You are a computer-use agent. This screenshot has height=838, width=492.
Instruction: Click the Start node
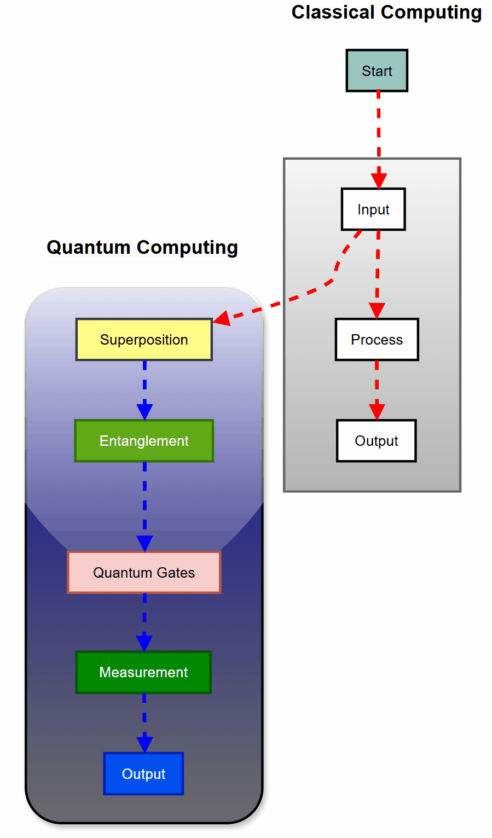click(377, 71)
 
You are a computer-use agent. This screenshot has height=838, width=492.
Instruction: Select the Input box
click(373, 209)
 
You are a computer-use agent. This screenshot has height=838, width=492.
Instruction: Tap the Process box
click(377, 340)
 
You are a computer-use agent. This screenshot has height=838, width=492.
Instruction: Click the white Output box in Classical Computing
click(376, 441)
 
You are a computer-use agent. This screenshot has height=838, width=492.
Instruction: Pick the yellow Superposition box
click(144, 340)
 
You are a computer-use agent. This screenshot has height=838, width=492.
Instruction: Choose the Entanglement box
click(144, 441)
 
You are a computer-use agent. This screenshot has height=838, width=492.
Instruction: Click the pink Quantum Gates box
click(144, 573)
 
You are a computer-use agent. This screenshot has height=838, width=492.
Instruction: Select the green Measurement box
click(143, 672)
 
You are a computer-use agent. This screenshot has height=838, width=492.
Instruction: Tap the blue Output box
click(143, 774)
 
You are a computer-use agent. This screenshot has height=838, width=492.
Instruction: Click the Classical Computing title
click(386, 12)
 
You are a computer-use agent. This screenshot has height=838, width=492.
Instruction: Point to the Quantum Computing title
click(142, 247)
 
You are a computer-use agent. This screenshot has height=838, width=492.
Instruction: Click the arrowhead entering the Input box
click(379, 181)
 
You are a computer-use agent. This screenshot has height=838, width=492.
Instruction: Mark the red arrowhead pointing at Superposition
click(222, 318)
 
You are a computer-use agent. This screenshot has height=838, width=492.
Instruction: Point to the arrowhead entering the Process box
click(377, 310)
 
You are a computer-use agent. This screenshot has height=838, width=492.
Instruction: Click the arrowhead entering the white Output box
click(377, 412)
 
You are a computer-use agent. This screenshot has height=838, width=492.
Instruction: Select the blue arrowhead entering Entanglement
click(144, 412)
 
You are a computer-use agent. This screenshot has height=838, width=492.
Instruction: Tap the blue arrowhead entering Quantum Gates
click(144, 543)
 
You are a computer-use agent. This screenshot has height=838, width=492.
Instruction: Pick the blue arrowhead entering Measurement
click(144, 643)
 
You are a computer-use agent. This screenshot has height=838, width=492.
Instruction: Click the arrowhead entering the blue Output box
click(144, 744)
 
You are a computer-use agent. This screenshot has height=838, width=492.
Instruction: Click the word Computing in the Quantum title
click(187, 247)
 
